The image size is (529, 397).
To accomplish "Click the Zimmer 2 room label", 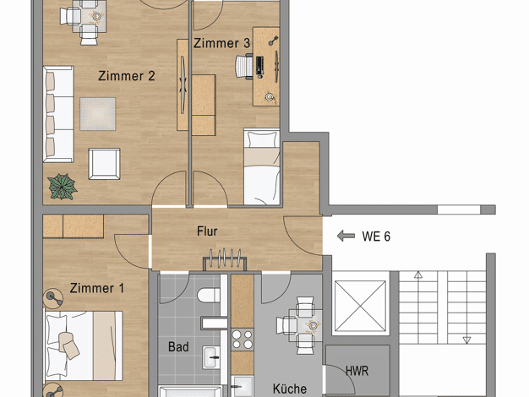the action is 127,76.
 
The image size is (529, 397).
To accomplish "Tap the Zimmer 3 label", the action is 221,43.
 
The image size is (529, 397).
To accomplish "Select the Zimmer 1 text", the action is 97,288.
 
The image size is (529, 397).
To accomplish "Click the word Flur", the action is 207,231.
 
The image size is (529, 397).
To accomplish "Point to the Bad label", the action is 178,347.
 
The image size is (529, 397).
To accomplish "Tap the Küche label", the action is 290,389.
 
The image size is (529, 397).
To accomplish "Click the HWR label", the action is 357,371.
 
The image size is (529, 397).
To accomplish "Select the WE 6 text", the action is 376,237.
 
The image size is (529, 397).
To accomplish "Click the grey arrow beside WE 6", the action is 346,236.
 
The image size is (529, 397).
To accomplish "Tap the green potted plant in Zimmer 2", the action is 62,187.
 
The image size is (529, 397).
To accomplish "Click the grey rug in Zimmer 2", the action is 98,114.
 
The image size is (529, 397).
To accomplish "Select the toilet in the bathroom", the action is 209,295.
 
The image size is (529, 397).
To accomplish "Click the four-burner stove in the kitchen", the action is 243,340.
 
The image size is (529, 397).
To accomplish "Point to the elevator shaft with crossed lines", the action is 360,306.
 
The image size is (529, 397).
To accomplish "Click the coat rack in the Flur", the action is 224,259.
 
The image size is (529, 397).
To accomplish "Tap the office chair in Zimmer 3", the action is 244,67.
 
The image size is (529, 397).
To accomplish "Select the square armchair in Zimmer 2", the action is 104,164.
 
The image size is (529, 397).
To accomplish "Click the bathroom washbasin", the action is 211,357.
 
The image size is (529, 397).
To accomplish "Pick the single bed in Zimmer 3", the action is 262,166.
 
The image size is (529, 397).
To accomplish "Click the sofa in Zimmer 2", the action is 58,114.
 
